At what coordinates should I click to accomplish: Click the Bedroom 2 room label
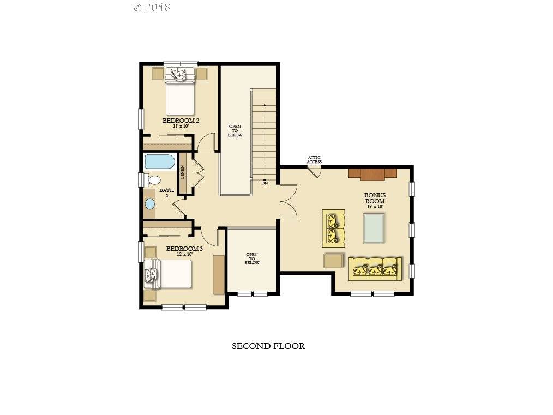point(180,120)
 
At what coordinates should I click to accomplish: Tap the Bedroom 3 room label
point(184,249)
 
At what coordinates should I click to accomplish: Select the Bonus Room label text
point(375,198)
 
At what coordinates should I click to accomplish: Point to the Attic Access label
point(314,160)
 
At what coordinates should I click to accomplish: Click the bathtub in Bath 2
point(159,161)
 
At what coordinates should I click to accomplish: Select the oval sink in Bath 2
point(150,204)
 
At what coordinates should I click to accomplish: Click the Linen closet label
point(183,172)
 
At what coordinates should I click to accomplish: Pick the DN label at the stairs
point(265,183)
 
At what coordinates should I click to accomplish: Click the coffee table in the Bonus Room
point(374,228)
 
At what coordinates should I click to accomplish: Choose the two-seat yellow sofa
point(333,227)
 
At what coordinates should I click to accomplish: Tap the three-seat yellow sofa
point(376,268)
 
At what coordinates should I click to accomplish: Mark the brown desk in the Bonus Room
point(372,173)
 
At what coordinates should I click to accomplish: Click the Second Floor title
point(268,346)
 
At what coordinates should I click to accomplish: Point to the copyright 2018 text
point(152,7)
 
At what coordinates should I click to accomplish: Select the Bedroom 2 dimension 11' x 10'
point(181,126)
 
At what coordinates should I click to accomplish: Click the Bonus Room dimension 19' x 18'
point(375,206)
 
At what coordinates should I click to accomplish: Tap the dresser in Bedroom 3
point(219,274)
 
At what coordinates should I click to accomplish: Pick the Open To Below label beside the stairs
point(235,131)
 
